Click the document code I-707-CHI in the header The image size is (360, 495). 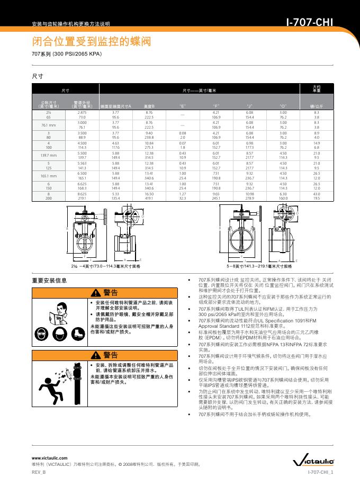pos(309,23)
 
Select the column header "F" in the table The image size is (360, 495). pos(216,106)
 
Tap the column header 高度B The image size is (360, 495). pos(149,106)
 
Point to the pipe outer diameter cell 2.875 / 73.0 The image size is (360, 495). pos(82,115)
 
